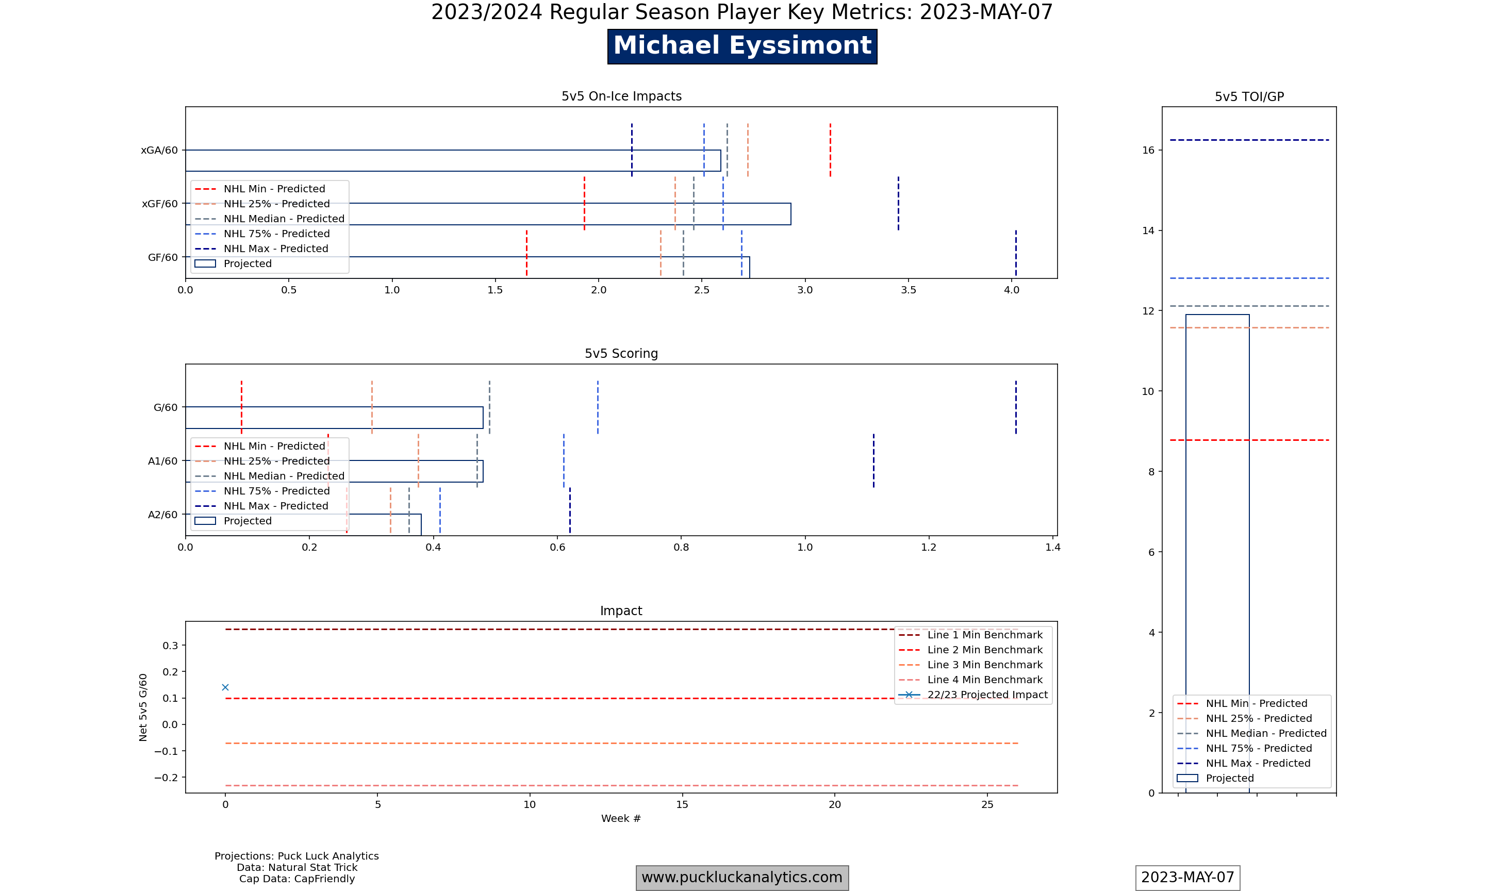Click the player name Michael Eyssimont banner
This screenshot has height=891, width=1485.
(x=742, y=46)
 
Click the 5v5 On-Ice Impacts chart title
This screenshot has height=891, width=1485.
(x=621, y=96)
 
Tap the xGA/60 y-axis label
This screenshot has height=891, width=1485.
(x=159, y=150)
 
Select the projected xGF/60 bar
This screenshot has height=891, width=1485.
(x=540, y=214)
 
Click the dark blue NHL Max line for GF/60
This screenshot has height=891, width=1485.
(x=1016, y=252)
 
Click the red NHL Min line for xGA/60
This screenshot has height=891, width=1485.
(x=830, y=150)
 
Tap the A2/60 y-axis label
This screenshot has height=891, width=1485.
(x=162, y=515)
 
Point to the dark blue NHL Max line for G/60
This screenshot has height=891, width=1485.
(x=1016, y=407)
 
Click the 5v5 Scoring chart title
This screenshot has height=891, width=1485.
(x=621, y=354)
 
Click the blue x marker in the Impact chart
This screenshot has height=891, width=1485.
(x=225, y=687)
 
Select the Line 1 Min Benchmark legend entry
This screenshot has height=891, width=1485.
(x=984, y=635)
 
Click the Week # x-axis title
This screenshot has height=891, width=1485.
(x=621, y=818)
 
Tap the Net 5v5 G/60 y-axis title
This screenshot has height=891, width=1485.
(x=143, y=707)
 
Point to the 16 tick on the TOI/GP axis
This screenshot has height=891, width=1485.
(x=1148, y=150)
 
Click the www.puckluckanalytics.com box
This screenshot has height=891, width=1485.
(x=742, y=877)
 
